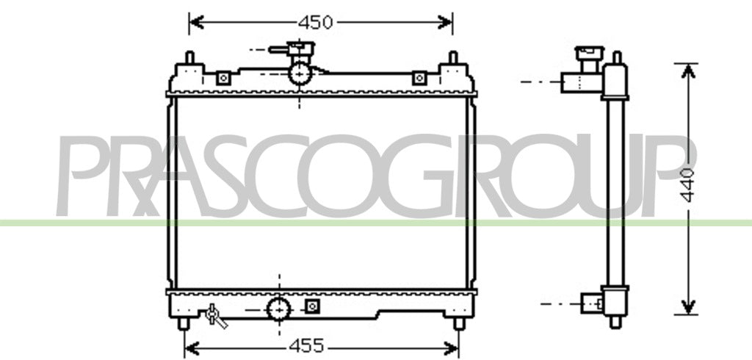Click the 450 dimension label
tap(315, 22)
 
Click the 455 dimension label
tap(306, 345)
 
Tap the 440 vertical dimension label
tap(687, 185)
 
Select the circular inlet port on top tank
tap(300, 73)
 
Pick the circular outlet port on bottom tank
tap(278, 309)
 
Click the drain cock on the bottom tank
tap(215, 317)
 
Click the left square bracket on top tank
tap(223, 78)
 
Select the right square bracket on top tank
tap(419, 78)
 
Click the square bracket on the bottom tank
tap(312, 306)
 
